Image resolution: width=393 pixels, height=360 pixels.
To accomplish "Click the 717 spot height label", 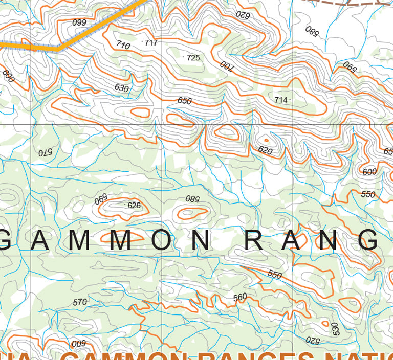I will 151,43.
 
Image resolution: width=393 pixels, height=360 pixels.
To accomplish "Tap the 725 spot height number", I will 193,58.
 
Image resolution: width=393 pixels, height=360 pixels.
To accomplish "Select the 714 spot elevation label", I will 281,100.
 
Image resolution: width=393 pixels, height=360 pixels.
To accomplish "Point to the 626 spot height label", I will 134,206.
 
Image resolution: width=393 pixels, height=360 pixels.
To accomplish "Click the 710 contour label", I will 123,45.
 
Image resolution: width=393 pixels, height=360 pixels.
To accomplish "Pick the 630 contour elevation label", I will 121,88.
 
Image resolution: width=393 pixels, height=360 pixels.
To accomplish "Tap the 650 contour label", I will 184,101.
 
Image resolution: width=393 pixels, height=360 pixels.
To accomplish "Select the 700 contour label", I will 226,65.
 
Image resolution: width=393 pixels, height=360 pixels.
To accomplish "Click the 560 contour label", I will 239,297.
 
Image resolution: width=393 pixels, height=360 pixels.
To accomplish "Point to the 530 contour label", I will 335,329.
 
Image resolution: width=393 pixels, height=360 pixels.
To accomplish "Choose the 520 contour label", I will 313,339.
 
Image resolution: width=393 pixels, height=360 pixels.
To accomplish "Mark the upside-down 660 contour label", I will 79,22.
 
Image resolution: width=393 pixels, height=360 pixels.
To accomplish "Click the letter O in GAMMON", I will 161,240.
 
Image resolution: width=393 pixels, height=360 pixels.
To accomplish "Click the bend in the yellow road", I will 59,49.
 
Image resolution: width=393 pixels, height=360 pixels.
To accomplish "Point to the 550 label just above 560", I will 275,275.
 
